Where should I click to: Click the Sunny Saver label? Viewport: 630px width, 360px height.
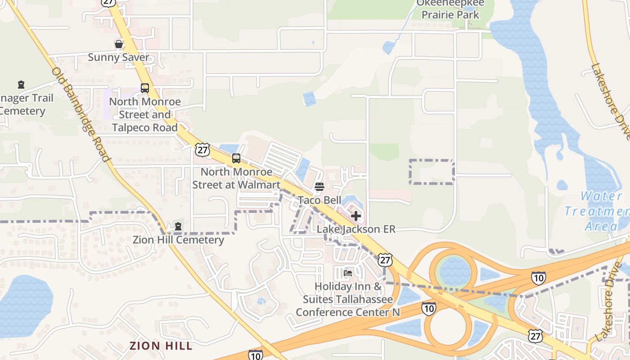[x=118, y=58]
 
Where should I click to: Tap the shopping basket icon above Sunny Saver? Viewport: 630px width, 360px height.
[x=118, y=44]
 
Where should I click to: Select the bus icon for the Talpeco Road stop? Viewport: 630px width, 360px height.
[x=144, y=88]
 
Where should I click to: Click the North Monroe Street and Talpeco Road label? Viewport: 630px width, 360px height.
[x=145, y=115]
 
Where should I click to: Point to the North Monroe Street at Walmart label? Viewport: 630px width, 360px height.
[x=237, y=178]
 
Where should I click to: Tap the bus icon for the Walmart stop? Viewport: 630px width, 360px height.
[x=236, y=158]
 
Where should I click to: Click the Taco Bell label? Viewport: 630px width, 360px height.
[x=320, y=200]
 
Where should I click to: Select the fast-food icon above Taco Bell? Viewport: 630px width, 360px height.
[x=319, y=187]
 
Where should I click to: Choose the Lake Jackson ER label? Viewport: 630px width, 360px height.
[x=356, y=229]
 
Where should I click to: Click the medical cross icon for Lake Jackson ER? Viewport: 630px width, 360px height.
[x=356, y=216]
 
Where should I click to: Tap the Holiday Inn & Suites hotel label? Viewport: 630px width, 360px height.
[x=348, y=299]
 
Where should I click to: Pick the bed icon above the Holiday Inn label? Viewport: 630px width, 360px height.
[x=348, y=273]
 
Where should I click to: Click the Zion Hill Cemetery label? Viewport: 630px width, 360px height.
[x=178, y=240]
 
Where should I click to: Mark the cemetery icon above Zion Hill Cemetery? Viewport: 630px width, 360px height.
[x=178, y=226]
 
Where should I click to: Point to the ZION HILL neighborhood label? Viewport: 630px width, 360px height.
[x=161, y=346]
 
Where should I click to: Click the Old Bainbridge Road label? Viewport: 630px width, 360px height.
[x=81, y=115]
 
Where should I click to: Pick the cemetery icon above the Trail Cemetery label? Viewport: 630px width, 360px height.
[x=21, y=85]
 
